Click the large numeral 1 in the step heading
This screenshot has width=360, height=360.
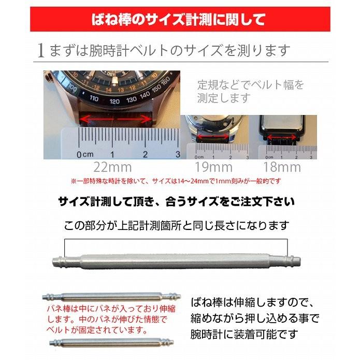click(41, 51)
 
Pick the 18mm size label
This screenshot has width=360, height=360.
click(282, 167)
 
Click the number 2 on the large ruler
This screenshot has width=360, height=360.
click(145, 154)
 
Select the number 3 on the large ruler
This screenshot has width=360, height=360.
click(177, 154)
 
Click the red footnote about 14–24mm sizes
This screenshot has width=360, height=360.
click(177, 181)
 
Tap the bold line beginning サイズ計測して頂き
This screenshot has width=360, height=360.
click(176, 201)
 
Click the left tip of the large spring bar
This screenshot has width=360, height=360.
click(54, 260)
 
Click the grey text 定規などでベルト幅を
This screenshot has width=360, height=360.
click(251, 84)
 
